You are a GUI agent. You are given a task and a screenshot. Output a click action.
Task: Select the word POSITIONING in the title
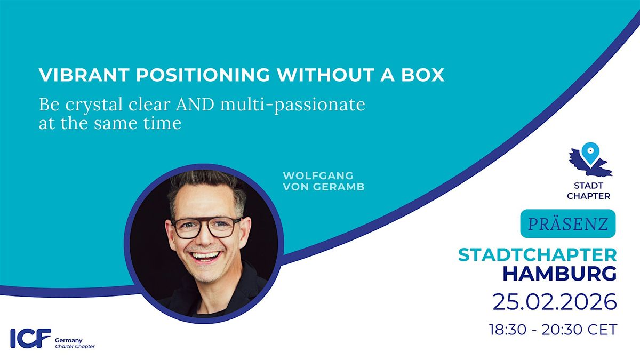(x=203, y=75)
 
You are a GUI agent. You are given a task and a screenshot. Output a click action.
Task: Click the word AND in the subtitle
(x=195, y=105)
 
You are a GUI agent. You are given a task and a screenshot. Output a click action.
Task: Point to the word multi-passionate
(x=293, y=106)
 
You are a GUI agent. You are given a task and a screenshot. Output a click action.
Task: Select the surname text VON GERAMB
(x=324, y=187)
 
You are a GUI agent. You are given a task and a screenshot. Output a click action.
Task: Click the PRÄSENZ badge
(x=568, y=223)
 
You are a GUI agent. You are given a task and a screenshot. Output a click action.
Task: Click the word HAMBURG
(x=559, y=274)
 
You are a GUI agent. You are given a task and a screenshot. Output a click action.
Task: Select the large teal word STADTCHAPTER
(x=538, y=255)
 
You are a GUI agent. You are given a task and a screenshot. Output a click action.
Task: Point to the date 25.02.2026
(x=555, y=302)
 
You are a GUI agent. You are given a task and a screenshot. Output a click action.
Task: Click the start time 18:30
(x=508, y=330)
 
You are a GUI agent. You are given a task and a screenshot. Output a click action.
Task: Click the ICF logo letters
(x=31, y=338)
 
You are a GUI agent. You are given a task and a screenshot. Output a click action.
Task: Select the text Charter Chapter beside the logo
(x=75, y=347)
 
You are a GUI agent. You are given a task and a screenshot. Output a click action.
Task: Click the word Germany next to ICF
(x=69, y=340)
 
